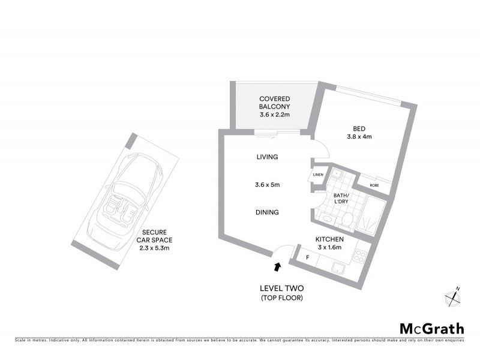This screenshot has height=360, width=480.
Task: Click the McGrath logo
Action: (432, 328)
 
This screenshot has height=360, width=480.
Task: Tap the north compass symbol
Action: (453, 296)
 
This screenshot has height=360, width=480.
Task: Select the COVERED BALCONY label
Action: (274, 106)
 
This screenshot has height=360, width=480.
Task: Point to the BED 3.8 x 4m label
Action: (359, 132)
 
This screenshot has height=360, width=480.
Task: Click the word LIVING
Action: (267, 157)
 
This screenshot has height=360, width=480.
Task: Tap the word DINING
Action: (267, 212)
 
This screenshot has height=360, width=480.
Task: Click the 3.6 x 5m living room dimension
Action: (267, 185)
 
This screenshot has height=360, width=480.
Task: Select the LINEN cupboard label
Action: (318, 175)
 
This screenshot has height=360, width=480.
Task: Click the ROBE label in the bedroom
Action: (374, 185)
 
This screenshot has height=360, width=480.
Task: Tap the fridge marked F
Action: (308, 257)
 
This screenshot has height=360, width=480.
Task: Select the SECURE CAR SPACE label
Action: (155, 239)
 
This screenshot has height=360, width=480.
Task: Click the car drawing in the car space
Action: (125, 195)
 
